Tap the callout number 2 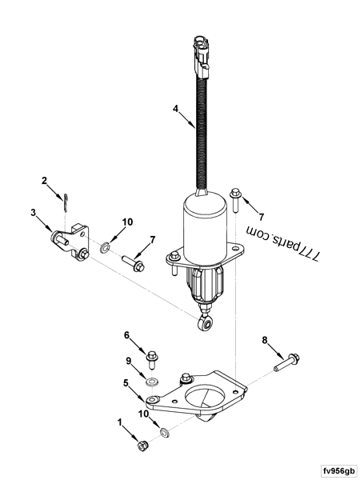(x=45, y=181)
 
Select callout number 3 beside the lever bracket (x=34, y=213)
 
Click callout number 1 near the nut (x=121, y=422)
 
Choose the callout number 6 (x=126, y=335)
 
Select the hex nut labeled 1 (x=142, y=444)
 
